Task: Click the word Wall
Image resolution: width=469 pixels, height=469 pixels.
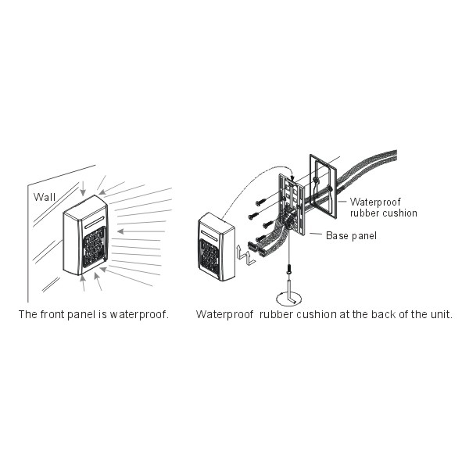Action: click(45, 197)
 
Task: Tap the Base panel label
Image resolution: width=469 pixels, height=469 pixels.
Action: click(351, 236)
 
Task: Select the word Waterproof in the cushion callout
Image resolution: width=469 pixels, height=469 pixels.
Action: click(375, 202)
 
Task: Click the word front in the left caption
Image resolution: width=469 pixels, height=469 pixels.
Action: click(52, 314)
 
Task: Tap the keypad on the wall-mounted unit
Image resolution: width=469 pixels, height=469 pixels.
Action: click(95, 247)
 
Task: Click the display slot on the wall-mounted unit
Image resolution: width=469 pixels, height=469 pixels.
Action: click(95, 223)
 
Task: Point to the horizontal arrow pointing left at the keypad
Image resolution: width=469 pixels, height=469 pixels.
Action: click(141, 231)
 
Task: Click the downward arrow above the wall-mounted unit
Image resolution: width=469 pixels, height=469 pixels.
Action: click(83, 188)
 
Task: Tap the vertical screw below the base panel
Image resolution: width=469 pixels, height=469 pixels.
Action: click(289, 269)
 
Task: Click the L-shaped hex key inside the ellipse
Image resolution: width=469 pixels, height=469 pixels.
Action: click(289, 292)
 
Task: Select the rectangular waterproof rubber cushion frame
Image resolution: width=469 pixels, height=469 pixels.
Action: click(324, 186)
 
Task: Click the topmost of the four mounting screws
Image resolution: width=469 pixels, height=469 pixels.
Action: click(261, 202)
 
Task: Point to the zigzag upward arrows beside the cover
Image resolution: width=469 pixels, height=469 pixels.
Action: click(245, 255)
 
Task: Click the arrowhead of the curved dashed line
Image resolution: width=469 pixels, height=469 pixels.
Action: click(292, 179)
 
